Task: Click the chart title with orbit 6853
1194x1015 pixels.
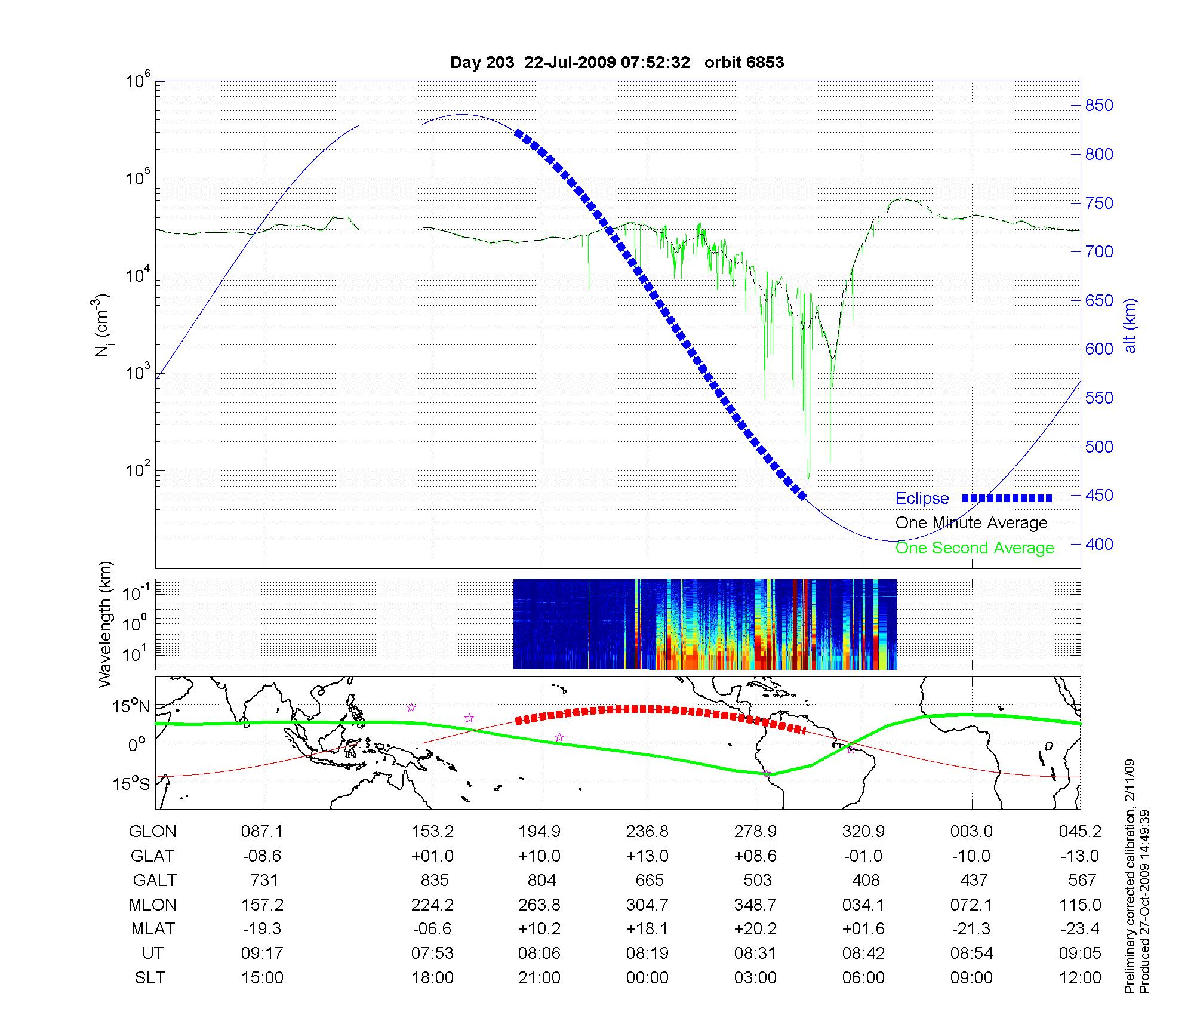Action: click(617, 63)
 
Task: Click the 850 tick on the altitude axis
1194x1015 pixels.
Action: click(1099, 106)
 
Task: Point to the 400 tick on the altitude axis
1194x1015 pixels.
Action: click(1099, 544)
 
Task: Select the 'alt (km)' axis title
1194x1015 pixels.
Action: click(1130, 325)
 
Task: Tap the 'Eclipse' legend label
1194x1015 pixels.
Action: click(922, 499)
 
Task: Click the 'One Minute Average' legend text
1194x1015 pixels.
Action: click(971, 523)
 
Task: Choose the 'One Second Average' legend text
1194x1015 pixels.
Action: click(974, 548)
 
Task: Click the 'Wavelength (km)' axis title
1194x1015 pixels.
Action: click(105, 624)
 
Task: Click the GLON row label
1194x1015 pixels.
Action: click(152, 831)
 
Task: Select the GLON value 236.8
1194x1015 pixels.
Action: click(647, 831)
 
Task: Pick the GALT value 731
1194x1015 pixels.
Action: click(263, 880)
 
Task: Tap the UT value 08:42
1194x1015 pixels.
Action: click(863, 953)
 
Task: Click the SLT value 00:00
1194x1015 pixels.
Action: click(647, 977)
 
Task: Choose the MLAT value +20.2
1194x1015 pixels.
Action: click(755, 929)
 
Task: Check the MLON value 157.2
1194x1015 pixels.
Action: click(263, 905)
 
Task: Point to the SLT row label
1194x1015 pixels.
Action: click(150, 977)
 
